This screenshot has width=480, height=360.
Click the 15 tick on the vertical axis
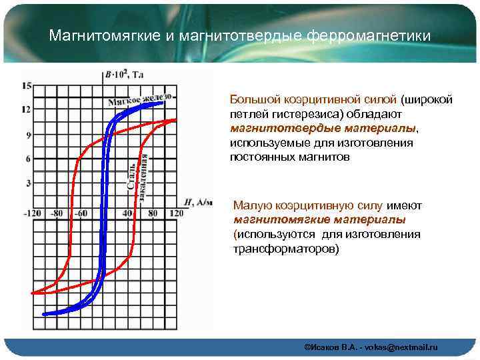[27, 85]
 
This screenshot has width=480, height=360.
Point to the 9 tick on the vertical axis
[27, 135]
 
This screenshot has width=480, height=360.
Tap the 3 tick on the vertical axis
[27, 183]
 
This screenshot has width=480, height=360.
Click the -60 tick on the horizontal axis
[80, 213]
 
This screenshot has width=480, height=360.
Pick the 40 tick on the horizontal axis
[128, 213]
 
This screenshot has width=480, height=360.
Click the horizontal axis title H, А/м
[197, 202]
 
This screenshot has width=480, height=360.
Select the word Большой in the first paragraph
[251, 99]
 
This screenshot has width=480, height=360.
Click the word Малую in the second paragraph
[249, 205]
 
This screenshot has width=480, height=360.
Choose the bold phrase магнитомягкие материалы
[319, 219]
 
